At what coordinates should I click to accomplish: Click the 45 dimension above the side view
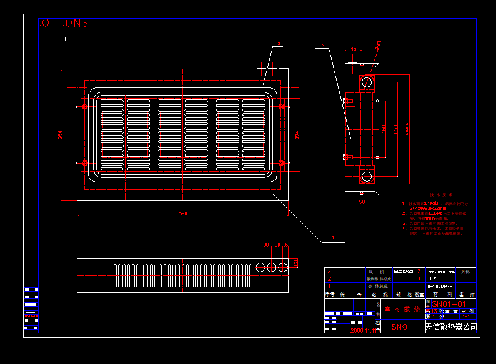point(354,49)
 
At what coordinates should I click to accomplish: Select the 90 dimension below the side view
point(362,202)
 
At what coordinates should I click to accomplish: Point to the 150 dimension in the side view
point(384,129)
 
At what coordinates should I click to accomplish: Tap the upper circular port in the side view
point(367,81)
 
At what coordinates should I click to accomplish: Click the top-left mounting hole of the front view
point(85,107)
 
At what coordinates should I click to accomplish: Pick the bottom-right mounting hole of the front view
point(281,164)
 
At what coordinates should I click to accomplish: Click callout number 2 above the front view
point(279,44)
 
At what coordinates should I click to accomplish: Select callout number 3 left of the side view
point(322,45)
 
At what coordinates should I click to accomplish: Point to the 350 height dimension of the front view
point(61,135)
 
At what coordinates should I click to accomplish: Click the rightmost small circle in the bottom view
point(283,267)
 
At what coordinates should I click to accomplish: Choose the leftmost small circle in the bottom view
point(260,267)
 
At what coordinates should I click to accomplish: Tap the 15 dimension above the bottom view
point(285,245)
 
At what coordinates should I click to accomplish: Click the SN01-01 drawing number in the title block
point(449,304)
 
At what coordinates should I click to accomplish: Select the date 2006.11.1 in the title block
point(362,330)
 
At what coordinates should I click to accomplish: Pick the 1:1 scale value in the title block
point(465,317)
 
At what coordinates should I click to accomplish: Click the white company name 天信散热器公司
point(450,327)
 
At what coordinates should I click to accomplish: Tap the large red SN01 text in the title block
point(400,327)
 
